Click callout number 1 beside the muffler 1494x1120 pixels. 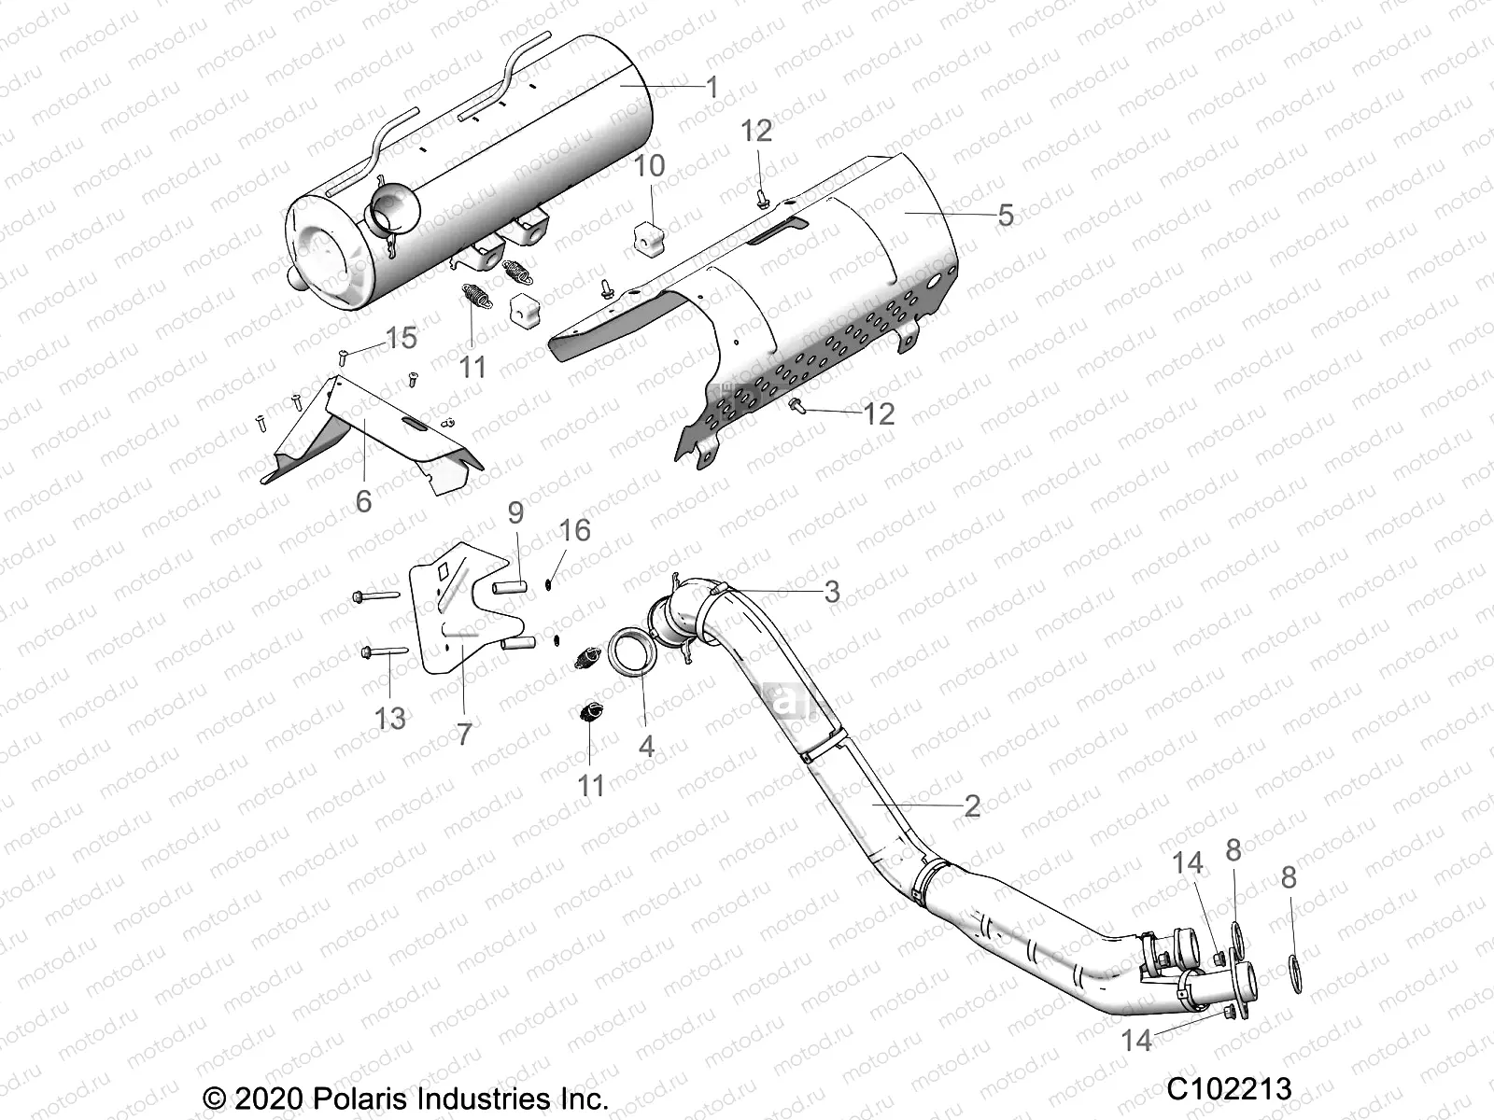[712, 89]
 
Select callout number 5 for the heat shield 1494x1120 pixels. [1005, 216]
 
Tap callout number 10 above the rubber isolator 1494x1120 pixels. [675, 166]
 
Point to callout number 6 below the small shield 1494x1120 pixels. [363, 501]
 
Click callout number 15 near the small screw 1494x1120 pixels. [402, 338]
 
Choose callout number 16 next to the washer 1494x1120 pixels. [575, 531]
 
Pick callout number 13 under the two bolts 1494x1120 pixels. [390, 719]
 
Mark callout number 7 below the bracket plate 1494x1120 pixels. [464, 735]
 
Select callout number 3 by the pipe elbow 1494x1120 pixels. [831, 592]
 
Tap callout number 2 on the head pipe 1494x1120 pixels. [972, 805]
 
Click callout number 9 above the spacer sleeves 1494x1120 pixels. [515, 512]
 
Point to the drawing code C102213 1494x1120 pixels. [1228, 1089]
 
